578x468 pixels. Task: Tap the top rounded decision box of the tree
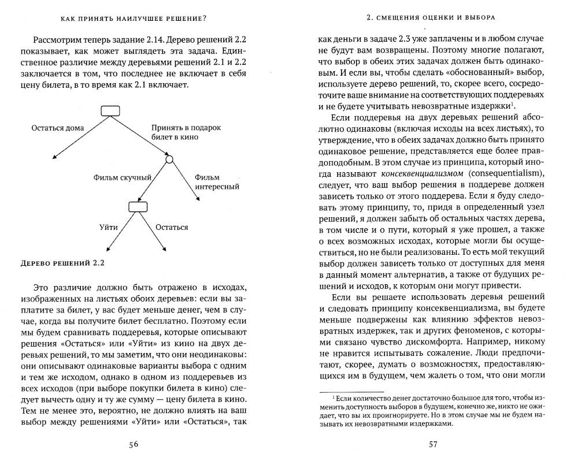pyautogui.click(x=110, y=112)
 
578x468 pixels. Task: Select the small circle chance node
pyautogui.click(x=169, y=159)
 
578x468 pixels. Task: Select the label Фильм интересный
pyautogui.click(x=216, y=182)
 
